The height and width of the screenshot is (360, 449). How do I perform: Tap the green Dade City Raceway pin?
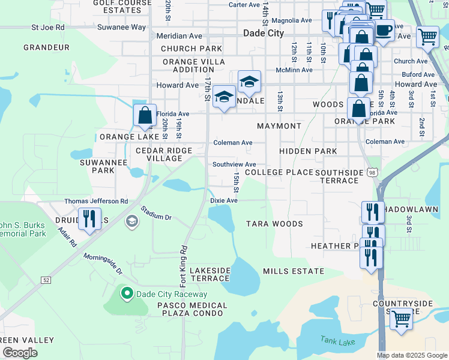pos(126,293)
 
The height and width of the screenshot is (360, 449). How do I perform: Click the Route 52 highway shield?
pos(46,280)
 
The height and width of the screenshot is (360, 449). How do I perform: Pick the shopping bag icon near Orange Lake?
pos(145,115)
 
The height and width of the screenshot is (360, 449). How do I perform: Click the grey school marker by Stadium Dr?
pos(131,223)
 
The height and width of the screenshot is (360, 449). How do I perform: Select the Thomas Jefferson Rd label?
pos(96,202)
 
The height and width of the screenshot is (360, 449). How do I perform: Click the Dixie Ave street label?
pos(224,200)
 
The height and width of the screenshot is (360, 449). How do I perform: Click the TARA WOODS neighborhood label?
pos(275,224)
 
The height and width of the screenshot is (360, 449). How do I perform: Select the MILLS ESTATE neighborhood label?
pos(294,271)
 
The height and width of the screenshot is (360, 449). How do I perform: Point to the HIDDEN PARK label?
pos(308,151)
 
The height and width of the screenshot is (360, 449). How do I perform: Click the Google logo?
pos(20,353)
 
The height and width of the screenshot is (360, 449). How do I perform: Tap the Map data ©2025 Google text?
pos(412,355)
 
